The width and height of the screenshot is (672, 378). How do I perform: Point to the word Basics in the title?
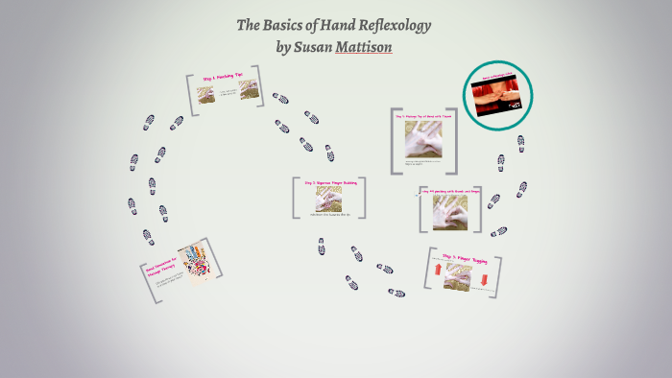point(286,25)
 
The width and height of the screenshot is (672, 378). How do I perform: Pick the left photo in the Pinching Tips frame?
point(206,94)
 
